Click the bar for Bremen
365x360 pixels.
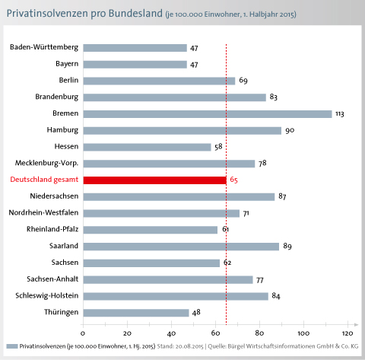(208, 114)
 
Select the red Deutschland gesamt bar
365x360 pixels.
(155, 180)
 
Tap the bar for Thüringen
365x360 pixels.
(136, 313)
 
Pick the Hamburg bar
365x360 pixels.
(182, 131)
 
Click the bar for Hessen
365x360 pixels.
(147, 147)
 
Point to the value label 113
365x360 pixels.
(340, 114)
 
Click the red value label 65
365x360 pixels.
(233, 180)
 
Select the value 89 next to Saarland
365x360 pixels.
(287, 246)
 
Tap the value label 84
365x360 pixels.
(276, 296)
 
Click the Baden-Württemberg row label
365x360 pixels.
(44, 47)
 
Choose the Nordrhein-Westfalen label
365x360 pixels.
(43, 212)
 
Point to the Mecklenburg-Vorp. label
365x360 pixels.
(46, 163)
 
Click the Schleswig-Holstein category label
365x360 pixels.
(47, 295)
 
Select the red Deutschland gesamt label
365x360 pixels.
(44, 180)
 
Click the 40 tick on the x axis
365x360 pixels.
(171, 333)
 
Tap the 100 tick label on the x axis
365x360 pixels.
(303, 333)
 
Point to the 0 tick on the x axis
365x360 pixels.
(83, 333)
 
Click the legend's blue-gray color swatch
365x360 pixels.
(12, 346)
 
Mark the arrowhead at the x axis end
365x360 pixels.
(357, 325)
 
